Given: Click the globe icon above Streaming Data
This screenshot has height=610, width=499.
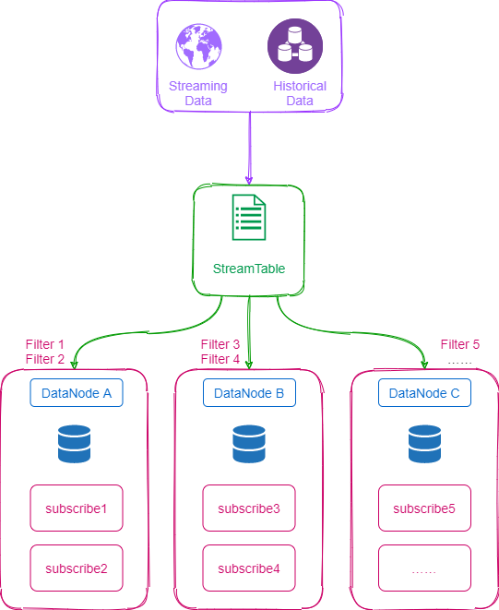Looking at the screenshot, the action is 198,46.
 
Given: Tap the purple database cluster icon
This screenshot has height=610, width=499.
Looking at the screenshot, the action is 295,46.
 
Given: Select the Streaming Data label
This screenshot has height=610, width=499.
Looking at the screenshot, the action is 198,93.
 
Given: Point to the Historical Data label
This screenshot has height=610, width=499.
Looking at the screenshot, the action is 300,93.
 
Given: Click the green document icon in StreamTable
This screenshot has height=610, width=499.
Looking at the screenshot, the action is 249,217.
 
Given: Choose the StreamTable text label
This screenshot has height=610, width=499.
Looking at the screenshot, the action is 249,269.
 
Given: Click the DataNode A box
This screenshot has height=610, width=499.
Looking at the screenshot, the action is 77,393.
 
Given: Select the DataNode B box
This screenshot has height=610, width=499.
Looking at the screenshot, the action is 249,393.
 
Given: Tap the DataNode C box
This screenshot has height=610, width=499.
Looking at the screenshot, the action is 424,393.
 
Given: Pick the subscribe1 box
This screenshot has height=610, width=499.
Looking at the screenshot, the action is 77,508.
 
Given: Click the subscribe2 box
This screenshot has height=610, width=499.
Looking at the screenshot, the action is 77,568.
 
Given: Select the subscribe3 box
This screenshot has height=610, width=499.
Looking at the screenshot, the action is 249,508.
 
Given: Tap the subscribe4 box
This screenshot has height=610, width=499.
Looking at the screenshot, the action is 249,568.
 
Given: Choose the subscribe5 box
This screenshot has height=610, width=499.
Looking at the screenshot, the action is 424,508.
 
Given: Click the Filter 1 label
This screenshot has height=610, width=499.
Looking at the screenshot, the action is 44,344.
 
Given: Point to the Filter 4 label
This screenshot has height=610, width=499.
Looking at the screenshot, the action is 220,359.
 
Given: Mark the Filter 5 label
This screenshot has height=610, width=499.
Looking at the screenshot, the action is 460,344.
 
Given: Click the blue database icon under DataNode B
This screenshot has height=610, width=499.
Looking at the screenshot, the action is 249,444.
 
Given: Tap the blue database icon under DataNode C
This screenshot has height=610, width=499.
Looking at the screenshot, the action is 424,444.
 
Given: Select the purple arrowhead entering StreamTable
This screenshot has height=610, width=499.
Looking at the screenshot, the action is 249,180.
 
